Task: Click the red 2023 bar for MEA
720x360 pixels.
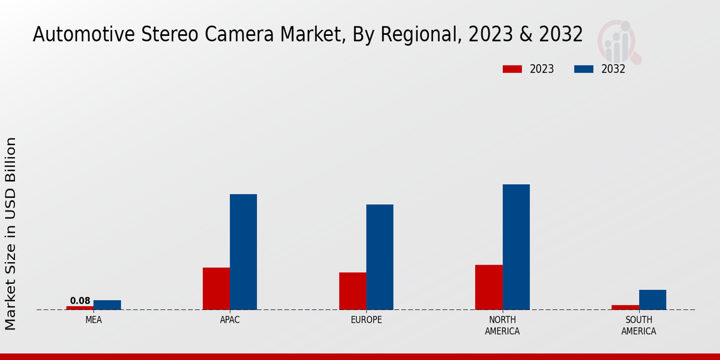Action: coord(80,308)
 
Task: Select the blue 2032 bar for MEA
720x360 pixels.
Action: coord(107,305)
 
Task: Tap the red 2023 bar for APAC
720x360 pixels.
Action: coord(216,289)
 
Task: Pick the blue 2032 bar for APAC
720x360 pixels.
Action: coord(243,252)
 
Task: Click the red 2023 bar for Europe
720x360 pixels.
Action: coord(352,291)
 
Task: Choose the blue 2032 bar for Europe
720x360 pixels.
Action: coord(380,257)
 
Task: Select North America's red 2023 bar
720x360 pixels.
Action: coord(488,287)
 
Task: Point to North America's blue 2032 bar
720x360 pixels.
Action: coord(516,247)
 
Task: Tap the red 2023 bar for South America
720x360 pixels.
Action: coord(625,307)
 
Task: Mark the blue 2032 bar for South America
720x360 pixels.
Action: coord(652,299)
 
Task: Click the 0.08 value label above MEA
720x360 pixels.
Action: coord(80,301)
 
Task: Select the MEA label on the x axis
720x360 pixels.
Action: coord(94,320)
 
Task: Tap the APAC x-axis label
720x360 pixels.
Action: coord(230,320)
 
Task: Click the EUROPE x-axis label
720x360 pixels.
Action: coord(366,320)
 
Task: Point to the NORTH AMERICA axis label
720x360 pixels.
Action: coord(502,325)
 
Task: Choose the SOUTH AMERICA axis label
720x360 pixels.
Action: coord(638,325)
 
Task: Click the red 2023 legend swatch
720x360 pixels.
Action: coord(512,69)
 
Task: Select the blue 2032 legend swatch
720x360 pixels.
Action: coord(583,69)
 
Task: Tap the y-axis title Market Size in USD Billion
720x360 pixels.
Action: coord(11,233)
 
